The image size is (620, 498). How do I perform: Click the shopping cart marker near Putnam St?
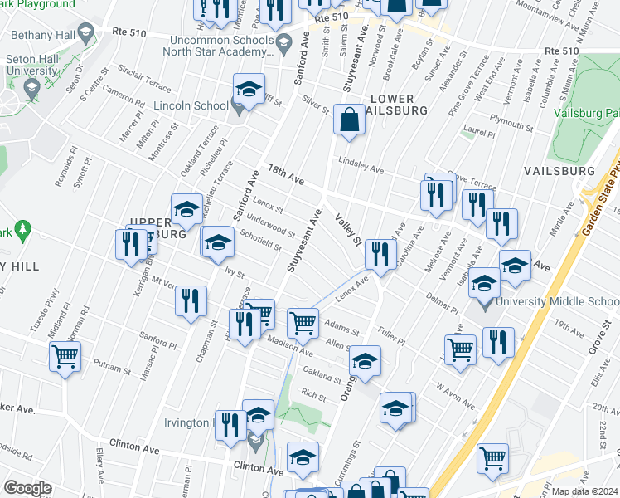click(x=65, y=357)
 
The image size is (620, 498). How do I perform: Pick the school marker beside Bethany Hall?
click(x=84, y=34)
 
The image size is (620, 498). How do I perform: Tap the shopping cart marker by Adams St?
click(x=303, y=322)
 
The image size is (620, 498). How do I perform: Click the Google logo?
click(x=27, y=488)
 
